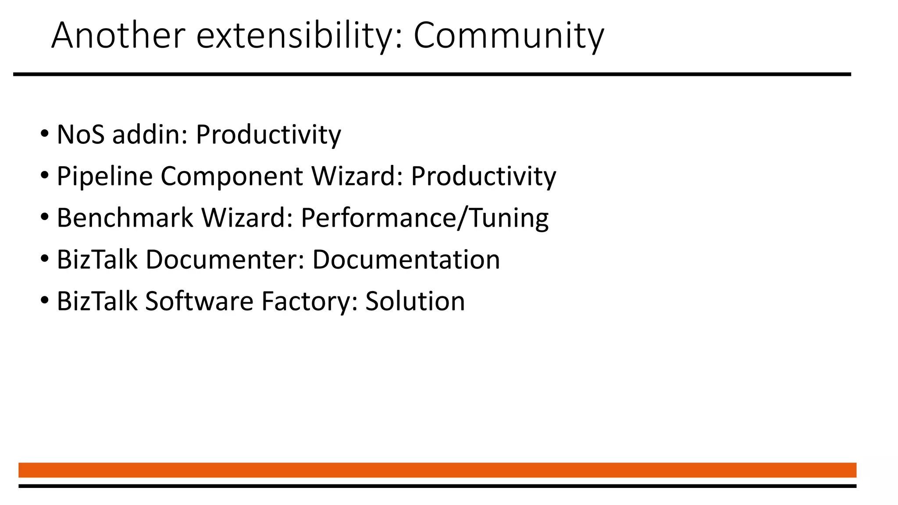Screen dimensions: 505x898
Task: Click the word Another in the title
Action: point(118,36)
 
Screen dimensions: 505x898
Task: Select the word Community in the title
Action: point(509,36)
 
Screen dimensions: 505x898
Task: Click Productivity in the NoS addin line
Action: point(268,135)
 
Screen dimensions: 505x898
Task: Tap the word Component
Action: point(232,176)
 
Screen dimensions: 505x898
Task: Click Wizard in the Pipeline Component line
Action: point(357,176)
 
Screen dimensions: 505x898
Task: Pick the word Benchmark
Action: point(125,218)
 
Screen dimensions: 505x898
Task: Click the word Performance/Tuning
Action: point(424,218)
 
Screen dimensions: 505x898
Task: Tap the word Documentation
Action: point(406,260)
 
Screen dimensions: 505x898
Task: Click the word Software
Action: point(200,301)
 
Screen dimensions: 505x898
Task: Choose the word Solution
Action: point(415,301)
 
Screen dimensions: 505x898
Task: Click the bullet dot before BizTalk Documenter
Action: point(44,259)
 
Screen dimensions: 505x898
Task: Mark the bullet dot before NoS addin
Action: point(44,134)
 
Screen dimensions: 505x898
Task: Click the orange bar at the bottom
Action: point(437,470)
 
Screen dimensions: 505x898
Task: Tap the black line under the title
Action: point(432,75)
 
